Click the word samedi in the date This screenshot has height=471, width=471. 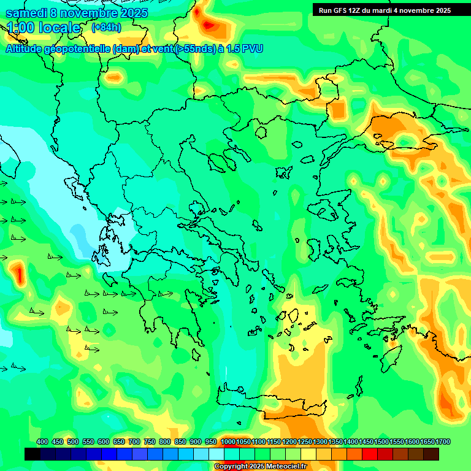tap(28, 13)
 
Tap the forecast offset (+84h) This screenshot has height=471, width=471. tap(106, 27)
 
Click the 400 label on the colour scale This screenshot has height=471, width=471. tap(42, 442)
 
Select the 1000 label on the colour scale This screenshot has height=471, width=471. tap(228, 442)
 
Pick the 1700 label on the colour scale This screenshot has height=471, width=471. tap(443, 442)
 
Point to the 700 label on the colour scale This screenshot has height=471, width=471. tap(134, 442)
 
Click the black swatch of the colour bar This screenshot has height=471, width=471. tap(33, 454)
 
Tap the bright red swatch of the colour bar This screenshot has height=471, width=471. tap(370, 454)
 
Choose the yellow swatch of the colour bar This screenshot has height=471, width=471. tap(308, 454)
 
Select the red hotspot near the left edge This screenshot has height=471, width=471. tap(18, 273)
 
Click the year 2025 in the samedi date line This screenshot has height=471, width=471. tap(129, 13)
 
